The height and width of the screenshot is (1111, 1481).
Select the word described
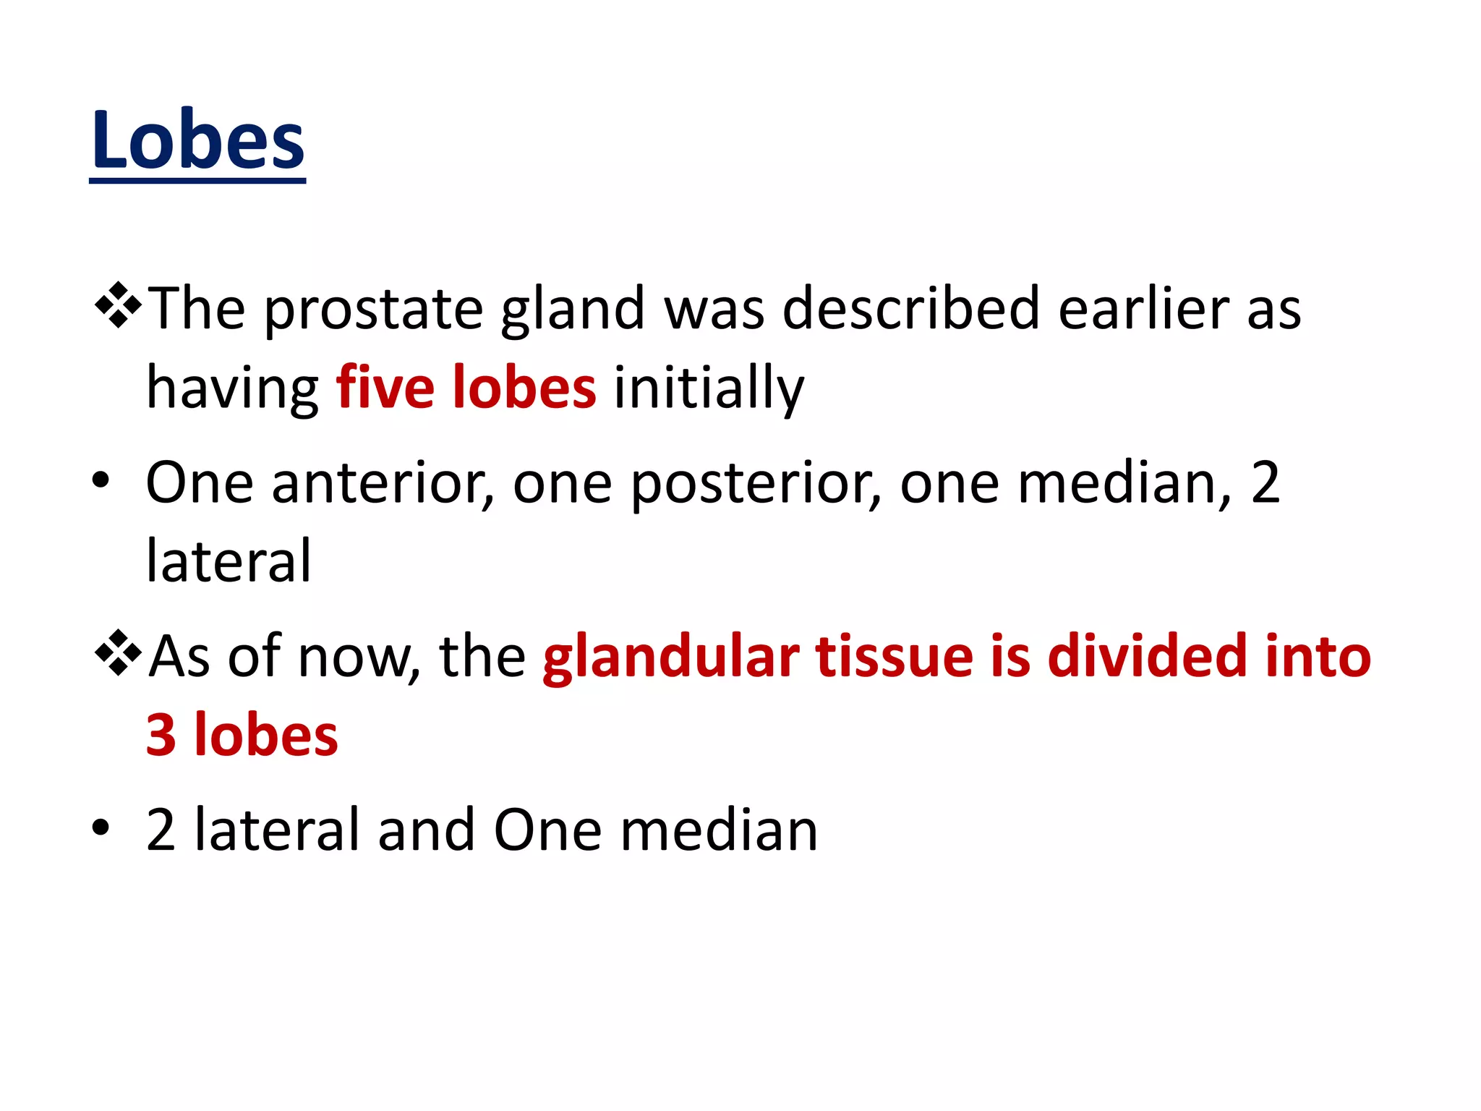(x=911, y=308)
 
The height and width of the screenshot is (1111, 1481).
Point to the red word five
(x=385, y=388)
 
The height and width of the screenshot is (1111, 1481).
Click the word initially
(x=709, y=389)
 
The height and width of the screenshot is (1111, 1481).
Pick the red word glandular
(x=671, y=657)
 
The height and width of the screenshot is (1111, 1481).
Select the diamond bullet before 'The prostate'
(x=118, y=306)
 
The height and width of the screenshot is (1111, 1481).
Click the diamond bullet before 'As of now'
(x=118, y=653)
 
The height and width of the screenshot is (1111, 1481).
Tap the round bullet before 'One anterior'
(x=101, y=480)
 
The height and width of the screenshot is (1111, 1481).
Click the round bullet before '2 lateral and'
(x=101, y=827)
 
